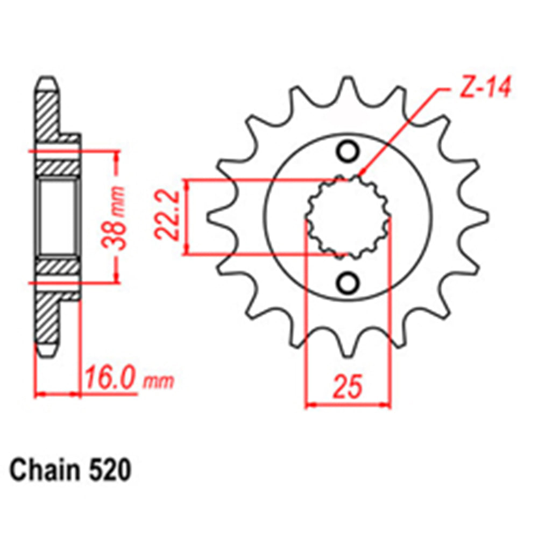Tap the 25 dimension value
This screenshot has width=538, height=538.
348,388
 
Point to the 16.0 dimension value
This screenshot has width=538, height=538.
111,380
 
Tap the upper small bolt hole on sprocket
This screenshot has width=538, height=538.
348,151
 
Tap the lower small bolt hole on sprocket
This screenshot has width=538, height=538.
348,281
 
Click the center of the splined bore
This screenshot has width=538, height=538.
348,217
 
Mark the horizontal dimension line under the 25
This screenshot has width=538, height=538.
348,403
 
